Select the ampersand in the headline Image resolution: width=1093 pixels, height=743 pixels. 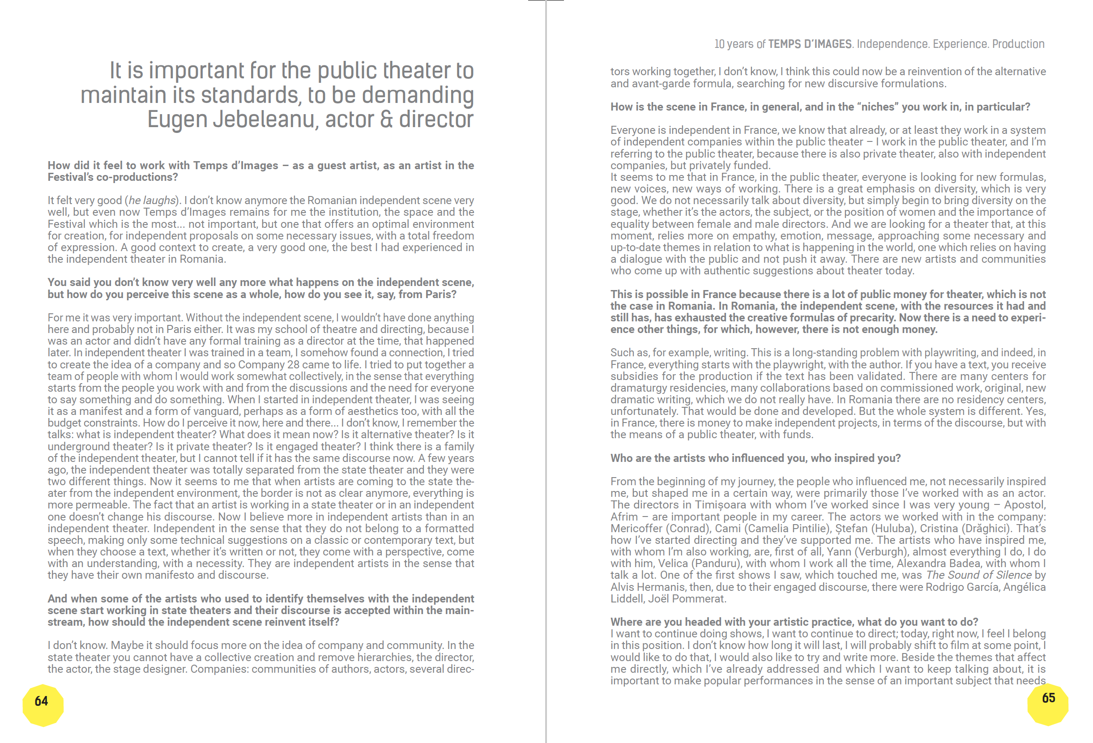coord(386,120)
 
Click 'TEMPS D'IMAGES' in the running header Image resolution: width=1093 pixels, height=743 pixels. coord(809,44)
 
